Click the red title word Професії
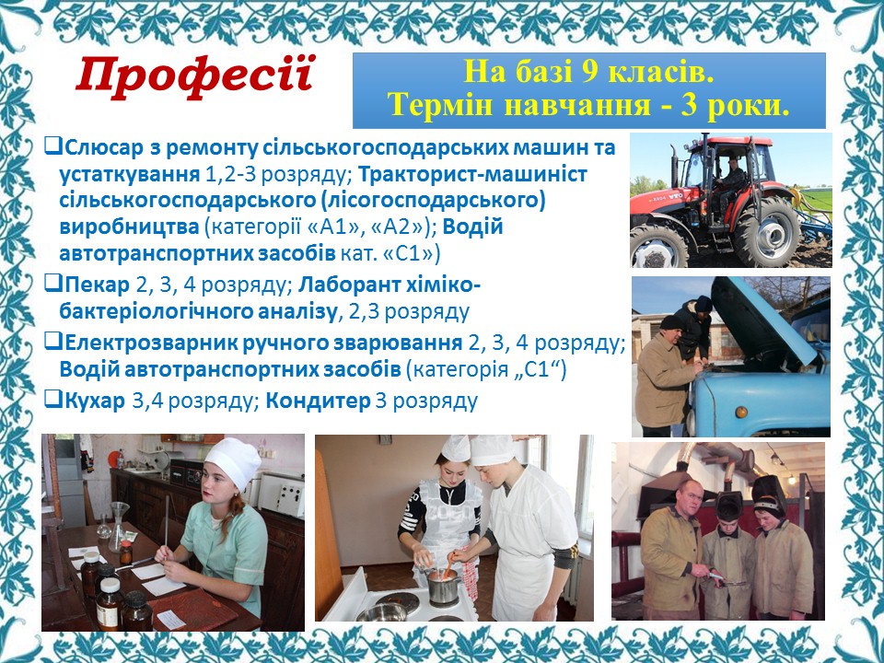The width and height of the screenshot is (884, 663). click(195, 76)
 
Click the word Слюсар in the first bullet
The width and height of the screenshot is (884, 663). click(105, 147)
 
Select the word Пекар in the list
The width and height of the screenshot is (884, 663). click(97, 285)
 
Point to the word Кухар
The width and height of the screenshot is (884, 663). click(95, 401)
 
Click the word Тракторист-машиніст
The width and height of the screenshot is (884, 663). click(472, 174)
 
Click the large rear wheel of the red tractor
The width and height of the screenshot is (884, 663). click(765, 231)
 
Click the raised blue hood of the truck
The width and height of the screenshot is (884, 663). click(762, 320)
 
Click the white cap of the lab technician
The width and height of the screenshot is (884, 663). click(233, 461)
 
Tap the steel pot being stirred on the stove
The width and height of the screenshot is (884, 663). click(443, 586)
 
